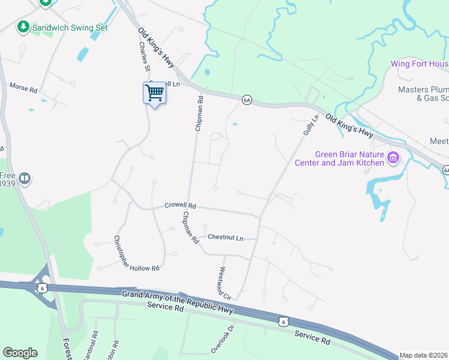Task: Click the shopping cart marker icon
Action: (155, 93)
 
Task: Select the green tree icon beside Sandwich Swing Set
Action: (23, 27)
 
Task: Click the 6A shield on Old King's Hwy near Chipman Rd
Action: (246, 100)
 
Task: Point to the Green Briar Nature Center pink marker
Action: (394, 158)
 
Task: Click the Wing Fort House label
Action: (419, 64)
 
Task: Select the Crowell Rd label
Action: (181, 206)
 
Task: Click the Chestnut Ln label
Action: (225, 238)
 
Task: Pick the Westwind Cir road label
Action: (225, 284)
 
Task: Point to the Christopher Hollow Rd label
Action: (137, 253)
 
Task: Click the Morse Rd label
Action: (23, 87)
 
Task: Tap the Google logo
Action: (20, 353)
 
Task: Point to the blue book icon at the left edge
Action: (25, 178)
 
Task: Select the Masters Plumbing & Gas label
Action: (423, 94)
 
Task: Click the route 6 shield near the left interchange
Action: (41, 288)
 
